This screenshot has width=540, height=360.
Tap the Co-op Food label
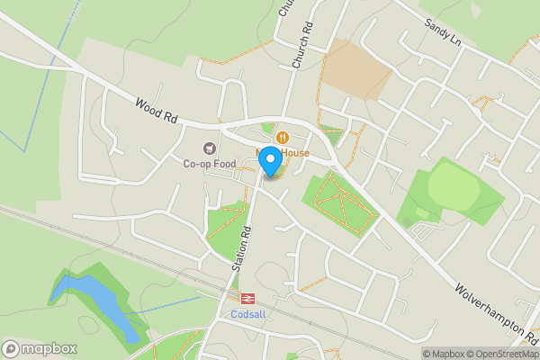(210, 164)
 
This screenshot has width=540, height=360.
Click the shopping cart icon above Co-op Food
(211, 148)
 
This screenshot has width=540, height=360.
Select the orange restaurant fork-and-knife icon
(283, 138)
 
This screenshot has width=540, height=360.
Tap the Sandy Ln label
(442, 35)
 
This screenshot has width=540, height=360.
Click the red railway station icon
(243, 299)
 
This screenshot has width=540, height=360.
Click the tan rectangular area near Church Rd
(355, 67)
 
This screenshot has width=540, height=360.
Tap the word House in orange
(294, 153)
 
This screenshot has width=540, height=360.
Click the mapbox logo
(40, 348)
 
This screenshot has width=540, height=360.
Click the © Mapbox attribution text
(441, 354)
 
